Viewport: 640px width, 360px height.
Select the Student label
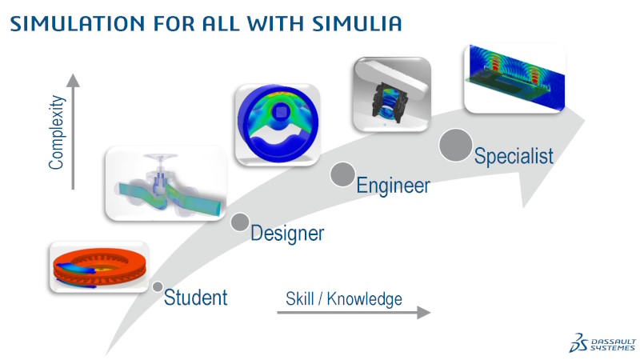(x=195, y=298)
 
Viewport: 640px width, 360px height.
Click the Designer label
(x=286, y=234)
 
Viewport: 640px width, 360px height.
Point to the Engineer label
(x=393, y=186)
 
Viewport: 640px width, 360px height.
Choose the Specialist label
(x=513, y=155)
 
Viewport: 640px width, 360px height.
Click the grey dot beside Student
(x=158, y=286)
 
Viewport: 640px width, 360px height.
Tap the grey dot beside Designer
(x=240, y=222)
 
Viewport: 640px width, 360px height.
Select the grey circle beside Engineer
(x=342, y=174)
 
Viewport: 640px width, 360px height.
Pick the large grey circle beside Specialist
(x=455, y=145)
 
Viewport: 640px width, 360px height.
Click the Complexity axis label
(x=56, y=132)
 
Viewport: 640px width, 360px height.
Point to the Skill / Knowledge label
(x=343, y=299)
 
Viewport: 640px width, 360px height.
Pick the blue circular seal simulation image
(x=277, y=124)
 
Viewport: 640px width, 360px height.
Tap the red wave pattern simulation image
(x=514, y=79)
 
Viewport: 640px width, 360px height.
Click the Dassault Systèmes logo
(x=602, y=341)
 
